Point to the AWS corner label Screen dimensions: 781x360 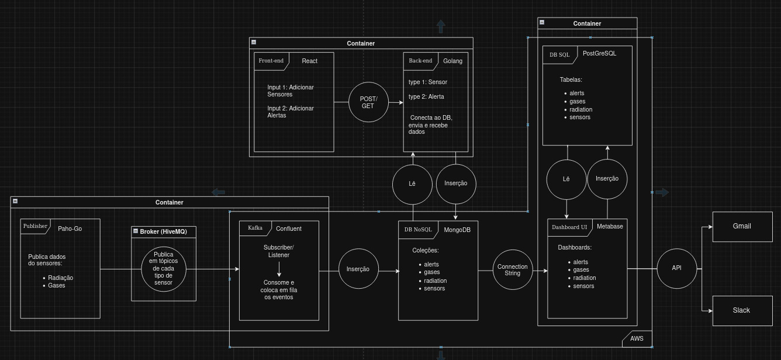click(637, 338)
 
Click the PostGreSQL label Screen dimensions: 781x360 click(599, 53)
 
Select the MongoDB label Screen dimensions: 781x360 click(457, 230)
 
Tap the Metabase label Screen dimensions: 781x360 click(610, 227)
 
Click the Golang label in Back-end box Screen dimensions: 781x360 click(452, 61)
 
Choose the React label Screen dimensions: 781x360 click(310, 61)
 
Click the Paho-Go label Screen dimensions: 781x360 click(70, 229)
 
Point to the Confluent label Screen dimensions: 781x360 click(289, 229)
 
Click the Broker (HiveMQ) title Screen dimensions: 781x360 click(163, 232)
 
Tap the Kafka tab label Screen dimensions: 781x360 click(255, 228)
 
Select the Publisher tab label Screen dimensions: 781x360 click(35, 226)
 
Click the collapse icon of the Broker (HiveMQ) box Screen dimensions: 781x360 click(136, 231)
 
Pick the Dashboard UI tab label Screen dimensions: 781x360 click(569, 227)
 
